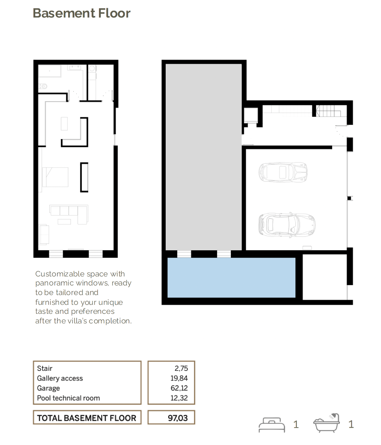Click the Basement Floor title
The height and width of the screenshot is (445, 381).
82,13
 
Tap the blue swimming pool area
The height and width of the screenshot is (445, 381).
231,277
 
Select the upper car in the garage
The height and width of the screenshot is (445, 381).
283,172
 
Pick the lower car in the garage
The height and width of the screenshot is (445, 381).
287,225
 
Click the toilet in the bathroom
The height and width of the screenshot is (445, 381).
43,86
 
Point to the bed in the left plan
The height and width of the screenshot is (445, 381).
55,177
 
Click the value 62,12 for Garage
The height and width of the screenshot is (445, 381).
179,388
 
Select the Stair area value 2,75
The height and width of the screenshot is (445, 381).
181,368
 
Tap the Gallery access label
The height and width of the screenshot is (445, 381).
60,378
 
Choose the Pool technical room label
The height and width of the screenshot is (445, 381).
69,398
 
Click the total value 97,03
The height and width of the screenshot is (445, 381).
178,418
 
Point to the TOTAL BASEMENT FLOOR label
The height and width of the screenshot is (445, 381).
86,418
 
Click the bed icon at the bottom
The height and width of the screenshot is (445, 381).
272,425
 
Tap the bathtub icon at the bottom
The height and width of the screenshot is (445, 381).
327,423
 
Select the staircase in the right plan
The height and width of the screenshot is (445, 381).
328,111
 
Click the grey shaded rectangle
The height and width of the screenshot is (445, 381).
203,157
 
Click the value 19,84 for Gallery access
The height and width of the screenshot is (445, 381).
179,378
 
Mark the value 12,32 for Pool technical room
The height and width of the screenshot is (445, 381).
179,398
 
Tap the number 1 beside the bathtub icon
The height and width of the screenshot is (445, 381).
351,424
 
